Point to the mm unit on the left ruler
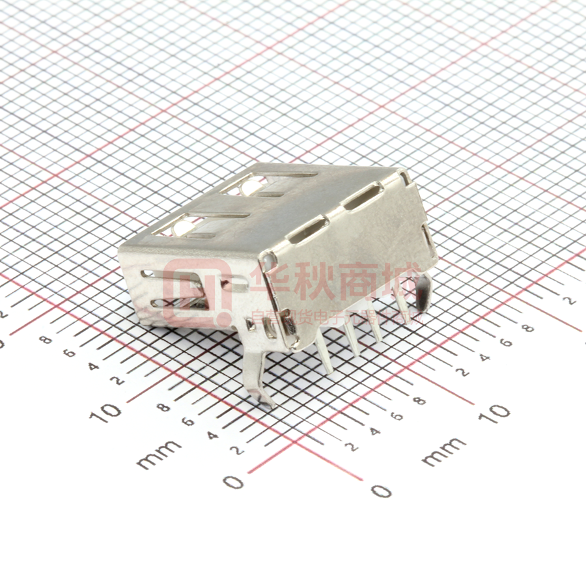coord(159,454)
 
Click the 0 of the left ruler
coord(233,482)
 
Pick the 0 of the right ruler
coord(381,490)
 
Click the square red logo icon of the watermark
coord(196,293)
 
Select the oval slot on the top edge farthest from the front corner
coord(362,197)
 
